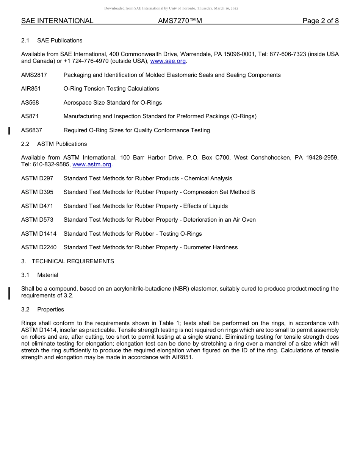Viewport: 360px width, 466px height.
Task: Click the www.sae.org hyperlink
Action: [168, 61]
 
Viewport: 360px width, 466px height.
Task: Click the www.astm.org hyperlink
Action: [92, 164]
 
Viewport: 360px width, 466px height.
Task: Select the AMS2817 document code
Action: [34, 75]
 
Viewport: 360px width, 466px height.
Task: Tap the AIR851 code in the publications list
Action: [31, 89]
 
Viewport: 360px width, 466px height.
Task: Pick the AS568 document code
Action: [30, 103]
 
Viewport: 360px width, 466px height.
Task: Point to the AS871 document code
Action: [30, 116]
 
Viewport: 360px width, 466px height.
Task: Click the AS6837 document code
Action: [31, 130]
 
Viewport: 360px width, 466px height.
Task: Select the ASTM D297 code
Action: [37, 178]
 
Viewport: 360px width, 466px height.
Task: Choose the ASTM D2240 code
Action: [39, 247]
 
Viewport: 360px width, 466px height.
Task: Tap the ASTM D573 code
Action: [37, 220]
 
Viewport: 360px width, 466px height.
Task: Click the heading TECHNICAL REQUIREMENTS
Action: [73, 261]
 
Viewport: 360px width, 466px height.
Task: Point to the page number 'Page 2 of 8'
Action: [321, 21]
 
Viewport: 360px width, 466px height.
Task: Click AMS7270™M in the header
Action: [180, 21]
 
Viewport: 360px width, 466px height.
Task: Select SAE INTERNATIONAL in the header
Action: [57, 21]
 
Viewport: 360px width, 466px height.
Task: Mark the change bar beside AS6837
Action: [9, 131]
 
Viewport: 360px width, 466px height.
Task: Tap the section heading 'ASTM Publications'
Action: [62, 144]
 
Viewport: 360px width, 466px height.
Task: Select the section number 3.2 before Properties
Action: [25, 310]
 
